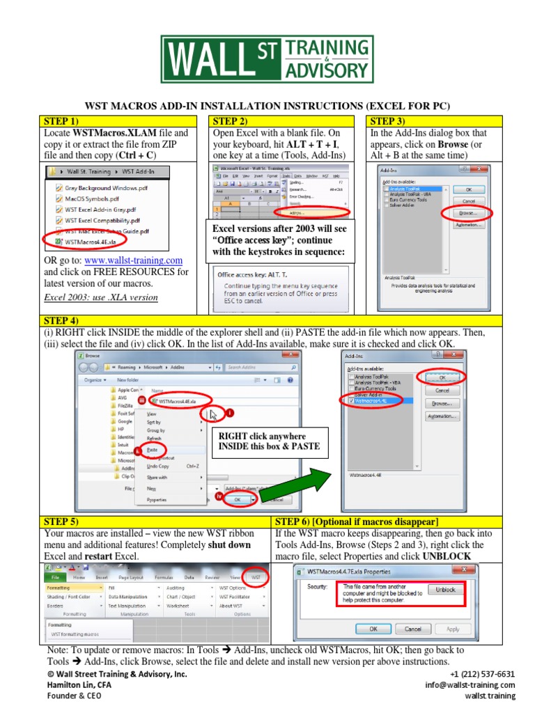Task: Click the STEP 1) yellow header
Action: coord(123,121)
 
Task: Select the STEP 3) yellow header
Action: coord(434,121)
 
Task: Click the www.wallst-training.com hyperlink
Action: coord(132,260)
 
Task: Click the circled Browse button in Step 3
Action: coord(467,212)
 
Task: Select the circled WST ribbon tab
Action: coord(256,577)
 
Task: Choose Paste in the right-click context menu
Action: coord(152,450)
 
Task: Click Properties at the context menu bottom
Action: coord(157,499)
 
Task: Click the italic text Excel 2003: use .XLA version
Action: coord(101,297)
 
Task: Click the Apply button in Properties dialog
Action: coord(453,629)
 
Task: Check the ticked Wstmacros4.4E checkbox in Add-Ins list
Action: coord(350,402)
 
